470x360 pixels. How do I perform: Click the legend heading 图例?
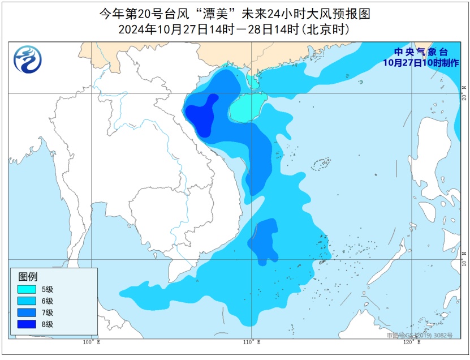pos(28,277)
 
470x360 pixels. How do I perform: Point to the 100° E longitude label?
pos(90,342)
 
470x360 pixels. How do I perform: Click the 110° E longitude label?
pos(252,342)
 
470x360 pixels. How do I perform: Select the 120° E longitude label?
pos(412,342)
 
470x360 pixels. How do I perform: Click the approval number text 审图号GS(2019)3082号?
pos(420,336)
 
